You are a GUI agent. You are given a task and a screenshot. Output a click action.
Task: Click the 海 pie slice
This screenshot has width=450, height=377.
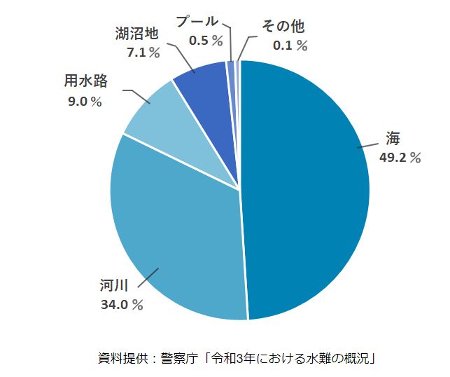308,189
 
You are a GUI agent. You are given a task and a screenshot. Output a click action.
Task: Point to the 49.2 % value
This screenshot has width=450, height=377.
400,158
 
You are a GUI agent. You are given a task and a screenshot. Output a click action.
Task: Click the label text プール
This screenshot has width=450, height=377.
197,22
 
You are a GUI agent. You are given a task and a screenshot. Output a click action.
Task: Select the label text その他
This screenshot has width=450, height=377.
283,27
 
